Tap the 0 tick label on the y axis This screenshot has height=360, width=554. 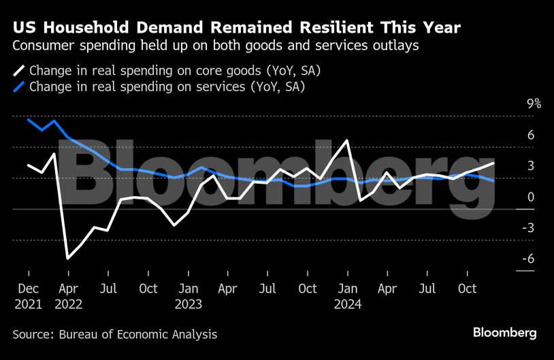coord(531,197)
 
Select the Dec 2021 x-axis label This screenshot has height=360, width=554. coord(29,296)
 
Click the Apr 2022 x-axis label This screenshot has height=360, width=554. coord(68,296)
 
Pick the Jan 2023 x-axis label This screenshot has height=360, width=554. coord(188,296)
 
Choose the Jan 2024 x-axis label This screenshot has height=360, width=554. coord(347,296)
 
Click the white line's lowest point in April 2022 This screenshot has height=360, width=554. coord(67,258)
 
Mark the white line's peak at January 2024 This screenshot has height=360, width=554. coord(348,141)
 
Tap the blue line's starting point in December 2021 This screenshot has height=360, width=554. coord(29,120)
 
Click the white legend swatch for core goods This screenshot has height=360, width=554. coord(19,70)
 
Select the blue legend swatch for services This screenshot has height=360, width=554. coord(19,86)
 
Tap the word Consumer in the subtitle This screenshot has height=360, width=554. coord(43,46)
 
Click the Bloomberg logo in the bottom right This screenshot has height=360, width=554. coord(505,333)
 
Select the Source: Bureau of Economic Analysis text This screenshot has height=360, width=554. coord(115,334)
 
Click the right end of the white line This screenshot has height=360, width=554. coord(493,163)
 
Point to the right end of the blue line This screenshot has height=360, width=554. coord(493,180)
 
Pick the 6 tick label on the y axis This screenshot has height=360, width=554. coord(531,135)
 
